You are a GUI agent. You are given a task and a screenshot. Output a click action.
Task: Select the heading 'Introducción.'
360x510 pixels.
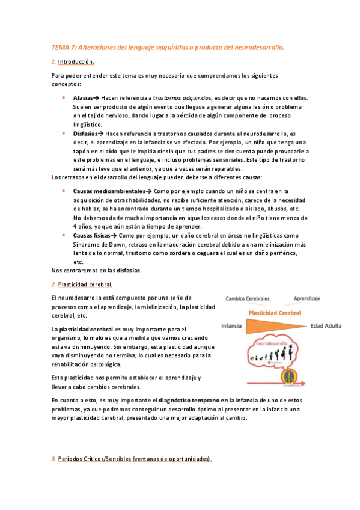76,62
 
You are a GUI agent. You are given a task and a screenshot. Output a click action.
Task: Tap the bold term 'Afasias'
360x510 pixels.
83,97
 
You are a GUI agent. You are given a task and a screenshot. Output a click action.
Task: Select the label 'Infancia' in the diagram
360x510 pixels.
232,326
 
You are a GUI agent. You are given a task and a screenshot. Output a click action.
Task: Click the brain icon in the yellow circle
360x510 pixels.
291,378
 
